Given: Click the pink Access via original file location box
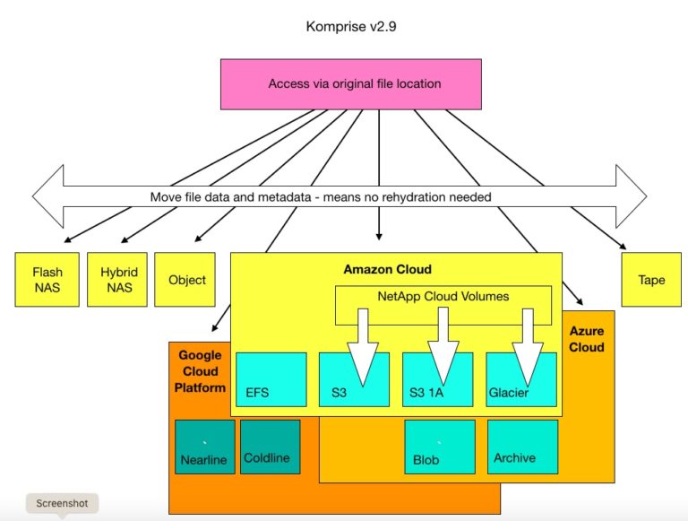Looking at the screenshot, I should point(352,84).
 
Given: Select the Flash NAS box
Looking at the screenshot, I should point(47,279).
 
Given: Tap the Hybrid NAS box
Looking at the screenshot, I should point(117,279).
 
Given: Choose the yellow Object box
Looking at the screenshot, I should point(186,279).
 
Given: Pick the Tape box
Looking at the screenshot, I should point(651,279).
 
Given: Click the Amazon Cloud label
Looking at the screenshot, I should point(387,269).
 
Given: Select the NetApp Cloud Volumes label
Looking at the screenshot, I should point(443,295).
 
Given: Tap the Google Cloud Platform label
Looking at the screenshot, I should point(199,372).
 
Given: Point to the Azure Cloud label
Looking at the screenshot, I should point(587,339).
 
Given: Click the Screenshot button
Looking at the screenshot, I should point(62,504).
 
